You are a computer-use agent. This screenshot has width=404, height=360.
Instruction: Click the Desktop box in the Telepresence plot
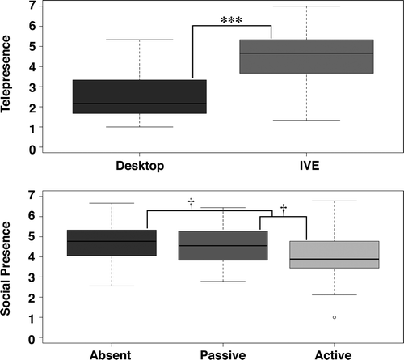click(x=140, y=96)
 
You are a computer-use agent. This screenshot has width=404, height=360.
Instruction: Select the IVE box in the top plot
click(x=306, y=57)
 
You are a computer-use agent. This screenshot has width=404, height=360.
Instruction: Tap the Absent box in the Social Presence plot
click(x=112, y=243)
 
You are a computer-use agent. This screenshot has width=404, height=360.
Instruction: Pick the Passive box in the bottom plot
click(x=223, y=245)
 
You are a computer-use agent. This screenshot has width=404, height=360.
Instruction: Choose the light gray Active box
click(x=335, y=255)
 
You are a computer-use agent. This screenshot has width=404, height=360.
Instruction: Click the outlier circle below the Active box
click(x=335, y=317)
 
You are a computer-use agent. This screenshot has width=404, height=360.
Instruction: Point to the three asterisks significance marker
click(x=231, y=20)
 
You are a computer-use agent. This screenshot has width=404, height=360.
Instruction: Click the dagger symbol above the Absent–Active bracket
click(x=191, y=204)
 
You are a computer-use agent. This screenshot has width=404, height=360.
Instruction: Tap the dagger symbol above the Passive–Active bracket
click(x=284, y=210)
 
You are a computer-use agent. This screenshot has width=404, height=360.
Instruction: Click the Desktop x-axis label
click(x=140, y=166)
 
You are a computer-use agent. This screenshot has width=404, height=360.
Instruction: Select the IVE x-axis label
click(x=309, y=165)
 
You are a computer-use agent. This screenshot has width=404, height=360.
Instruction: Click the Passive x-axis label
click(x=223, y=355)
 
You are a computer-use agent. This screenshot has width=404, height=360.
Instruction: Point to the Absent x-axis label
click(x=111, y=355)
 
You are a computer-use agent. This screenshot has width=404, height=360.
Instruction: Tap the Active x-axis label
click(x=333, y=355)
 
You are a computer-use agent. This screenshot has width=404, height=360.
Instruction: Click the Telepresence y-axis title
click(x=6, y=74)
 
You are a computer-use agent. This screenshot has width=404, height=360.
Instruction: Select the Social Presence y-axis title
click(x=6, y=269)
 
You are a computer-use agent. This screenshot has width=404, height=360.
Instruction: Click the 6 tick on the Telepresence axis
click(x=32, y=26)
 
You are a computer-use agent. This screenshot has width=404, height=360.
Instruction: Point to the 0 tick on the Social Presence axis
click(x=32, y=339)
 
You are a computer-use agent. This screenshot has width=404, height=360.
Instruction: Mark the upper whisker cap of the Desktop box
click(x=140, y=40)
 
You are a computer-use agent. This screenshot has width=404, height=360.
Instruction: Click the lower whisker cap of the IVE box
click(x=306, y=120)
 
